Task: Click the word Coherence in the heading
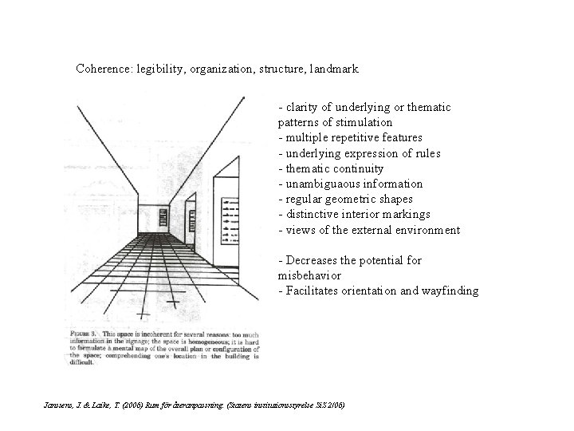click(x=102, y=69)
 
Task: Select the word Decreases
click(x=313, y=261)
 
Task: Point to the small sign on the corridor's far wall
click(x=164, y=217)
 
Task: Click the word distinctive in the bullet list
click(x=313, y=215)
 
